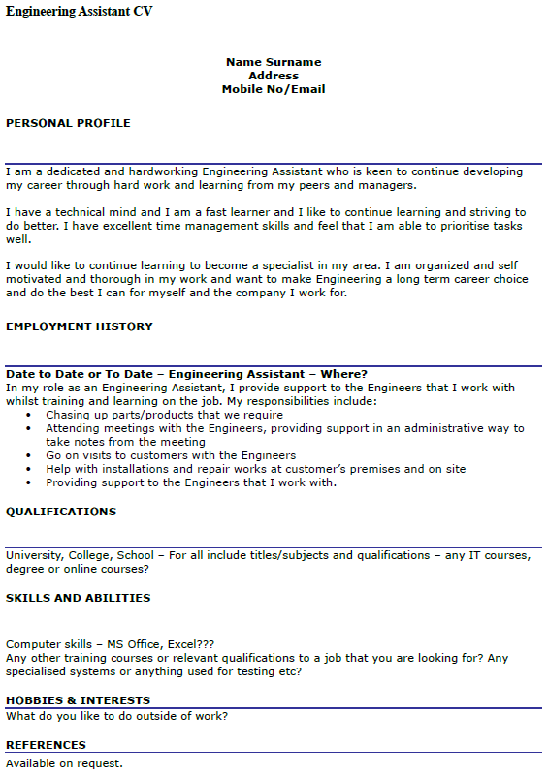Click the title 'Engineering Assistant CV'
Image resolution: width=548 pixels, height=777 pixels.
pos(80,11)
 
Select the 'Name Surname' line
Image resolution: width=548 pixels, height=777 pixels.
pos(274,62)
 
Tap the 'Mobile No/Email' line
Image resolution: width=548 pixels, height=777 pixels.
pos(274,89)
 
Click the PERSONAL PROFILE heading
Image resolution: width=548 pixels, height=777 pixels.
pos(68,123)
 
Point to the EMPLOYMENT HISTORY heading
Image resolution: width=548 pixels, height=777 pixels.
pos(80,326)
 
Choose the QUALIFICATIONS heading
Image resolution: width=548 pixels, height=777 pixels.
pos(61,511)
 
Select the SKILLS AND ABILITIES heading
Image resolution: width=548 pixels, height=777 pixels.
pos(79,598)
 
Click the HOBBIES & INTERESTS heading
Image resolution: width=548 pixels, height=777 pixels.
pos(79,700)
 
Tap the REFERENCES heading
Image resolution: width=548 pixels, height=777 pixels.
pos(46,745)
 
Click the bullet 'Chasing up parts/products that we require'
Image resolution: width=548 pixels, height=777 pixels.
pos(165,415)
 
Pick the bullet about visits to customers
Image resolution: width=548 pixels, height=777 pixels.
pos(171,455)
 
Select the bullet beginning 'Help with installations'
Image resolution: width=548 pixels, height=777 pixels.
pos(256,469)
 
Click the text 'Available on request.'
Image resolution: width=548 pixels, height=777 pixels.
pos(65,763)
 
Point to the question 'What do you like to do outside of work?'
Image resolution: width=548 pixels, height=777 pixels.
pos(117,716)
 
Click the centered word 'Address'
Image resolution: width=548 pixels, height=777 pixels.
pos(274,76)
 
